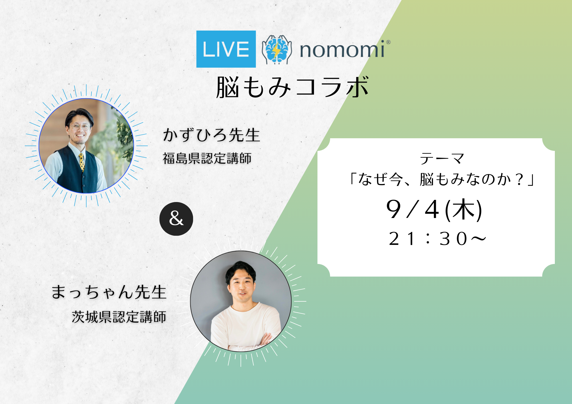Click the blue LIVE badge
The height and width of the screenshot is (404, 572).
pyautogui.click(x=226, y=49)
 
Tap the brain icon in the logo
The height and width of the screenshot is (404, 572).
pyautogui.click(x=277, y=49)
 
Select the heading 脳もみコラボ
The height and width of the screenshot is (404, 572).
pyautogui.click(x=292, y=87)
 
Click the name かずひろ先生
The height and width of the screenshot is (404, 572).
pyautogui.click(x=211, y=135)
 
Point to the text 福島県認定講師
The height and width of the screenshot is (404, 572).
pyautogui.click(x=207, y=158)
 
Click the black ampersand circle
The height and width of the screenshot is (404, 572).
pyautogui.click(x=176, y=219)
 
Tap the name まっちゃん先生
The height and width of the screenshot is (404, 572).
pyautogui.click(x=109, y=292)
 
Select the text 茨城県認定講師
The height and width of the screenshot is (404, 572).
pyautogui.click(x=119, y=317)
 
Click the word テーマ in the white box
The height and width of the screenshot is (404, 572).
pyautogui.click(x=442, y=159)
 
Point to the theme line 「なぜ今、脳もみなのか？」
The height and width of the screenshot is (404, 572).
pyautogui.click(x=442, y=179)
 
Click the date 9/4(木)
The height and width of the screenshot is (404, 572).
pyautogui.click(x=434, y=210)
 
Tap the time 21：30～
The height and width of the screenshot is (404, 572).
pyautogui.click(x=437, y=239)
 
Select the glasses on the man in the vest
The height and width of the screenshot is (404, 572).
pyautogui.click(x=80, y=127)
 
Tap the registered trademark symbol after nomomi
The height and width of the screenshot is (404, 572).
pyautogui.click(x=388, y=42)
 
